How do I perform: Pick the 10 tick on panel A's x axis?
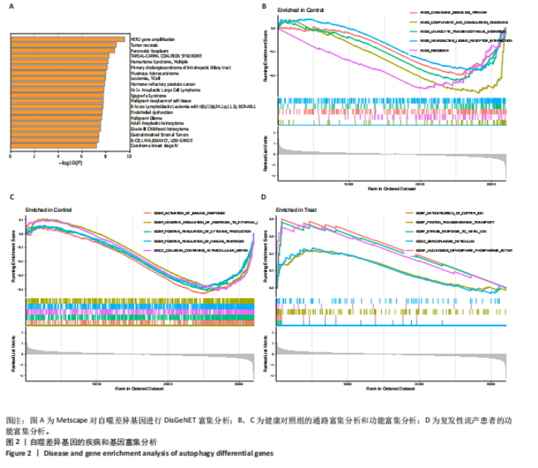click(x=128, y=157)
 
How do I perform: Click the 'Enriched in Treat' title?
click(x=296, y=210)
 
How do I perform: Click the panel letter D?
click(x=263, y=198)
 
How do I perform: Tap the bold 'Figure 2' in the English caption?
click(x=19, y=453)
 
